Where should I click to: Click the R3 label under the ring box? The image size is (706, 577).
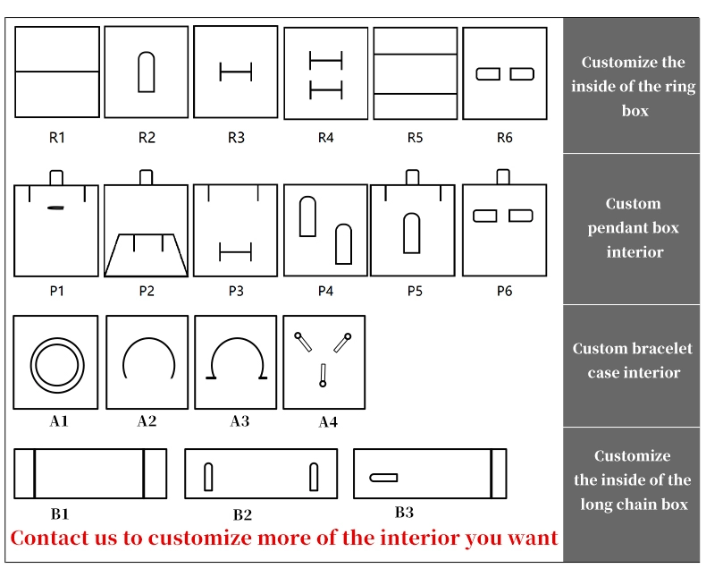click(236, 138)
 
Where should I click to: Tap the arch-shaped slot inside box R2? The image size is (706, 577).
click(147, 72)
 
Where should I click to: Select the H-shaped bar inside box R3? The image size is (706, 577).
click(236, 72)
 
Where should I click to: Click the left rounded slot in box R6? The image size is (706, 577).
click(488, 74)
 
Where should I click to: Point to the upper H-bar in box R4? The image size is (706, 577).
click(325, 60)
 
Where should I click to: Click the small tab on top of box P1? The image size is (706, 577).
click(56, 178)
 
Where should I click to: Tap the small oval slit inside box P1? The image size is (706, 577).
click(55, 208)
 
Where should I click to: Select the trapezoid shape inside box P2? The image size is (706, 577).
click(147, 255)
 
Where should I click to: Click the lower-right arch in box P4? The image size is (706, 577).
click(343, 244)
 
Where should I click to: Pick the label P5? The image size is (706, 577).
click(415, 292)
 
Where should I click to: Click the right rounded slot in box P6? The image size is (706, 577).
click(521, 216)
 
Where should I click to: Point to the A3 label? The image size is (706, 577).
click(240, 421)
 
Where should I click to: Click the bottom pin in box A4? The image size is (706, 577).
click(323, 376)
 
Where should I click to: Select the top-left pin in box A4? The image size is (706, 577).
click(303, 342)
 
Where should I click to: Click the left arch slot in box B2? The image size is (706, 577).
click(208, 477)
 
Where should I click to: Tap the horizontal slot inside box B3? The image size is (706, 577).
click(383, 478)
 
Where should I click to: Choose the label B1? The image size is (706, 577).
click(60, 513)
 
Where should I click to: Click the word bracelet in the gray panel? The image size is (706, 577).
click(662, 349)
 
